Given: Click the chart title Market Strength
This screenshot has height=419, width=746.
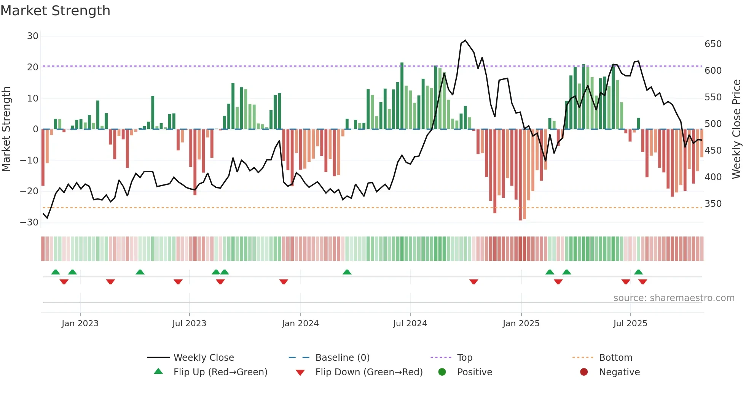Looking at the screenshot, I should tap(55, 11).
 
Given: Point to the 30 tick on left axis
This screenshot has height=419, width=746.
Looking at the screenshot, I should tap(33, 36).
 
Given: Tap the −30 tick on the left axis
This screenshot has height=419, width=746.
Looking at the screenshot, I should tap(30, 222).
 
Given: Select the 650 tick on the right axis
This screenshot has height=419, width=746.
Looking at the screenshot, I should tap(713, 44).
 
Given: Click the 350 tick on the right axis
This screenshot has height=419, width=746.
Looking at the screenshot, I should tap(713, 204).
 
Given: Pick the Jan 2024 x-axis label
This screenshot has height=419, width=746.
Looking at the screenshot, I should tap(300, 324).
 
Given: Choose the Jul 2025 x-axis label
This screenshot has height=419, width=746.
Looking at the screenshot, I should tap(630, 324).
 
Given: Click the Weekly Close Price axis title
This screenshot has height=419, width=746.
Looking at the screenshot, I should tap(736, 129).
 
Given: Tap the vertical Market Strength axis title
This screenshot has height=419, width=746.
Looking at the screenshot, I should tap(6, 129).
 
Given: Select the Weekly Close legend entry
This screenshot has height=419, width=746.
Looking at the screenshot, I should tap(204, 358).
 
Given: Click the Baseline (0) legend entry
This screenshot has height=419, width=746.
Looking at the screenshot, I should tap(342, 358).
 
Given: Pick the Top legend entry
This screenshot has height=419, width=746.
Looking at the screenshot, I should tap(464, 358).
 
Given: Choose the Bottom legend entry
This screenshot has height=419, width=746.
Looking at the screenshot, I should tap(615, 358).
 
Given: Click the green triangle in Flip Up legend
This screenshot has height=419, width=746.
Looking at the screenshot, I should tap(158, 371).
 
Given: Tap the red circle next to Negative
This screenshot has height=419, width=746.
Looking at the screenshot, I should tap(584, 372).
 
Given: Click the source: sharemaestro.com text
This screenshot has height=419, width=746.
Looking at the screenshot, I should tap(674, 298).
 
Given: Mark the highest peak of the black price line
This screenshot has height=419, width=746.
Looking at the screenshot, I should tap(465, 40).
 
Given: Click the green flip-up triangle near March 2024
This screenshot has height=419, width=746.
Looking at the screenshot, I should tap(347, 272).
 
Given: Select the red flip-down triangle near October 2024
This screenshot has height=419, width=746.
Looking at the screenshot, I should tap(473, 282).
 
